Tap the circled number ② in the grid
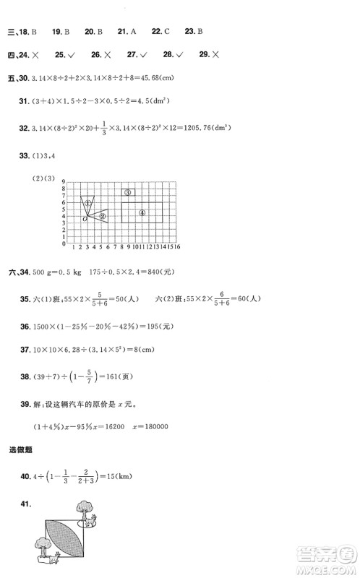click(103, 216)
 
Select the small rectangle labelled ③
click(127, 192)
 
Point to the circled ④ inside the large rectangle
click(142, 212)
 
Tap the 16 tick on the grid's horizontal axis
click(177, 246)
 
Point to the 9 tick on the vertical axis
click(64, 183)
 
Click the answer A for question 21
click(133, 32)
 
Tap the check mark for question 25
click(71, 55)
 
